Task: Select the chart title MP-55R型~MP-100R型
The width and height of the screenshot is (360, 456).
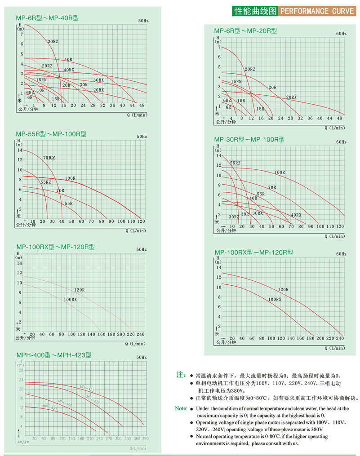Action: click(51, 134)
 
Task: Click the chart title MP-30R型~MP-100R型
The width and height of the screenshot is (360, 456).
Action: click(249, 140)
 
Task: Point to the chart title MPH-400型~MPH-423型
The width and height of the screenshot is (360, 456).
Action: click(53, 355)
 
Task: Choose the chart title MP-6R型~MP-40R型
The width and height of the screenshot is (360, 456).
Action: click(47, 18)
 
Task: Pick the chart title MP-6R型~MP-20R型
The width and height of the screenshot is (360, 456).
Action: click(245, 31)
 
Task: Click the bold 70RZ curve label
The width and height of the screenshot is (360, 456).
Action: click(49, 158)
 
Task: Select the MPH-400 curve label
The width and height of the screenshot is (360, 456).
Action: click(50, 407)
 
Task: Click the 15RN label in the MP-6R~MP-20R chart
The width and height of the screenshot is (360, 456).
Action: click(236, 81)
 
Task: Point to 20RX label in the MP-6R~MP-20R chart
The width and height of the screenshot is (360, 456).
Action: click(292, 97)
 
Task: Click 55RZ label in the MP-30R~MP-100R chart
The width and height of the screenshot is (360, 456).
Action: click(235, 163)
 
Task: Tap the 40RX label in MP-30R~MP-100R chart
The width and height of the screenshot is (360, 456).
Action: click(296, 215)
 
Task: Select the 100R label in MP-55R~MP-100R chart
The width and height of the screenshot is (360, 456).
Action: click(70, 178)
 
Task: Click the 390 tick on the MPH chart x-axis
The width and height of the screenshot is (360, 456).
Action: click(145, 438)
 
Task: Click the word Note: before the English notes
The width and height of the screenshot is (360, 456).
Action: click(181, 408)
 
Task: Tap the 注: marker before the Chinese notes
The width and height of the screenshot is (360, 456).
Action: click(181, 375)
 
